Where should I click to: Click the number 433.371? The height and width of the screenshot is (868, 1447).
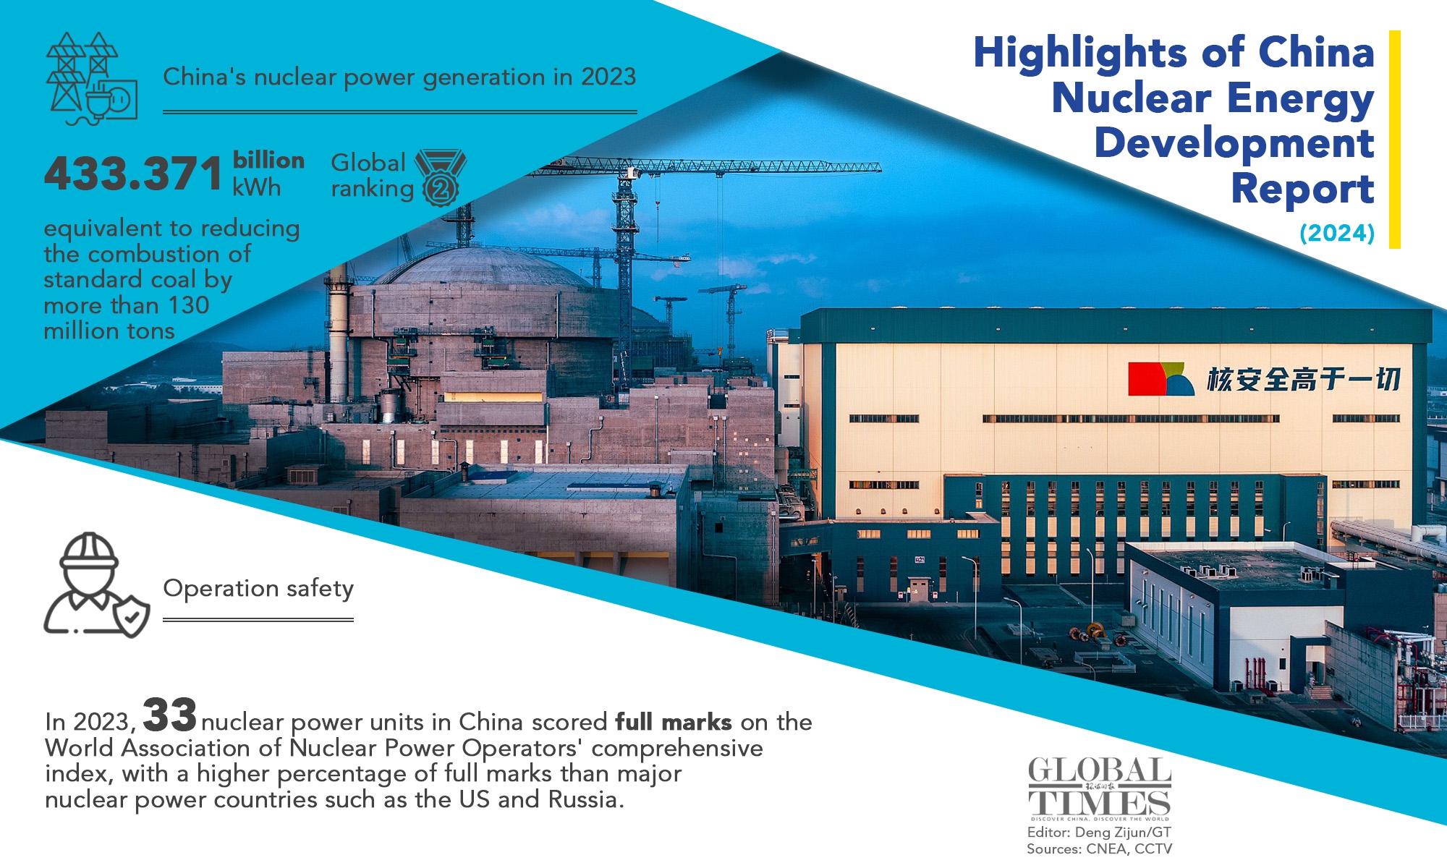coord(133,174)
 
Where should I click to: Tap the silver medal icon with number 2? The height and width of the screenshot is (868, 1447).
coord(441,177)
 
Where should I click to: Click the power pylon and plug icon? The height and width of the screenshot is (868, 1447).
coord(91,78)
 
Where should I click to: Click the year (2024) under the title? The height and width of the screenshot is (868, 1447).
coord(1336,233)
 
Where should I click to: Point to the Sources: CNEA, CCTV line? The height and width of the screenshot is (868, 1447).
coord(1099,849)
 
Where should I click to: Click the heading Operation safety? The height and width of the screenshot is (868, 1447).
coord(258,589)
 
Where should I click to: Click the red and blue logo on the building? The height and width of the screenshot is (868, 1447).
coord(1160,379)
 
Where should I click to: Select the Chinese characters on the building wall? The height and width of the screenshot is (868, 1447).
coord(1303,379)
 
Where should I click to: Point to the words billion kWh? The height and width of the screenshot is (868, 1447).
coord(268,174)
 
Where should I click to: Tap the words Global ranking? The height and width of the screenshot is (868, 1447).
coord(370,176)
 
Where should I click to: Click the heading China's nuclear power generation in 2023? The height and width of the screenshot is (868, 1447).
coord(399,77)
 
